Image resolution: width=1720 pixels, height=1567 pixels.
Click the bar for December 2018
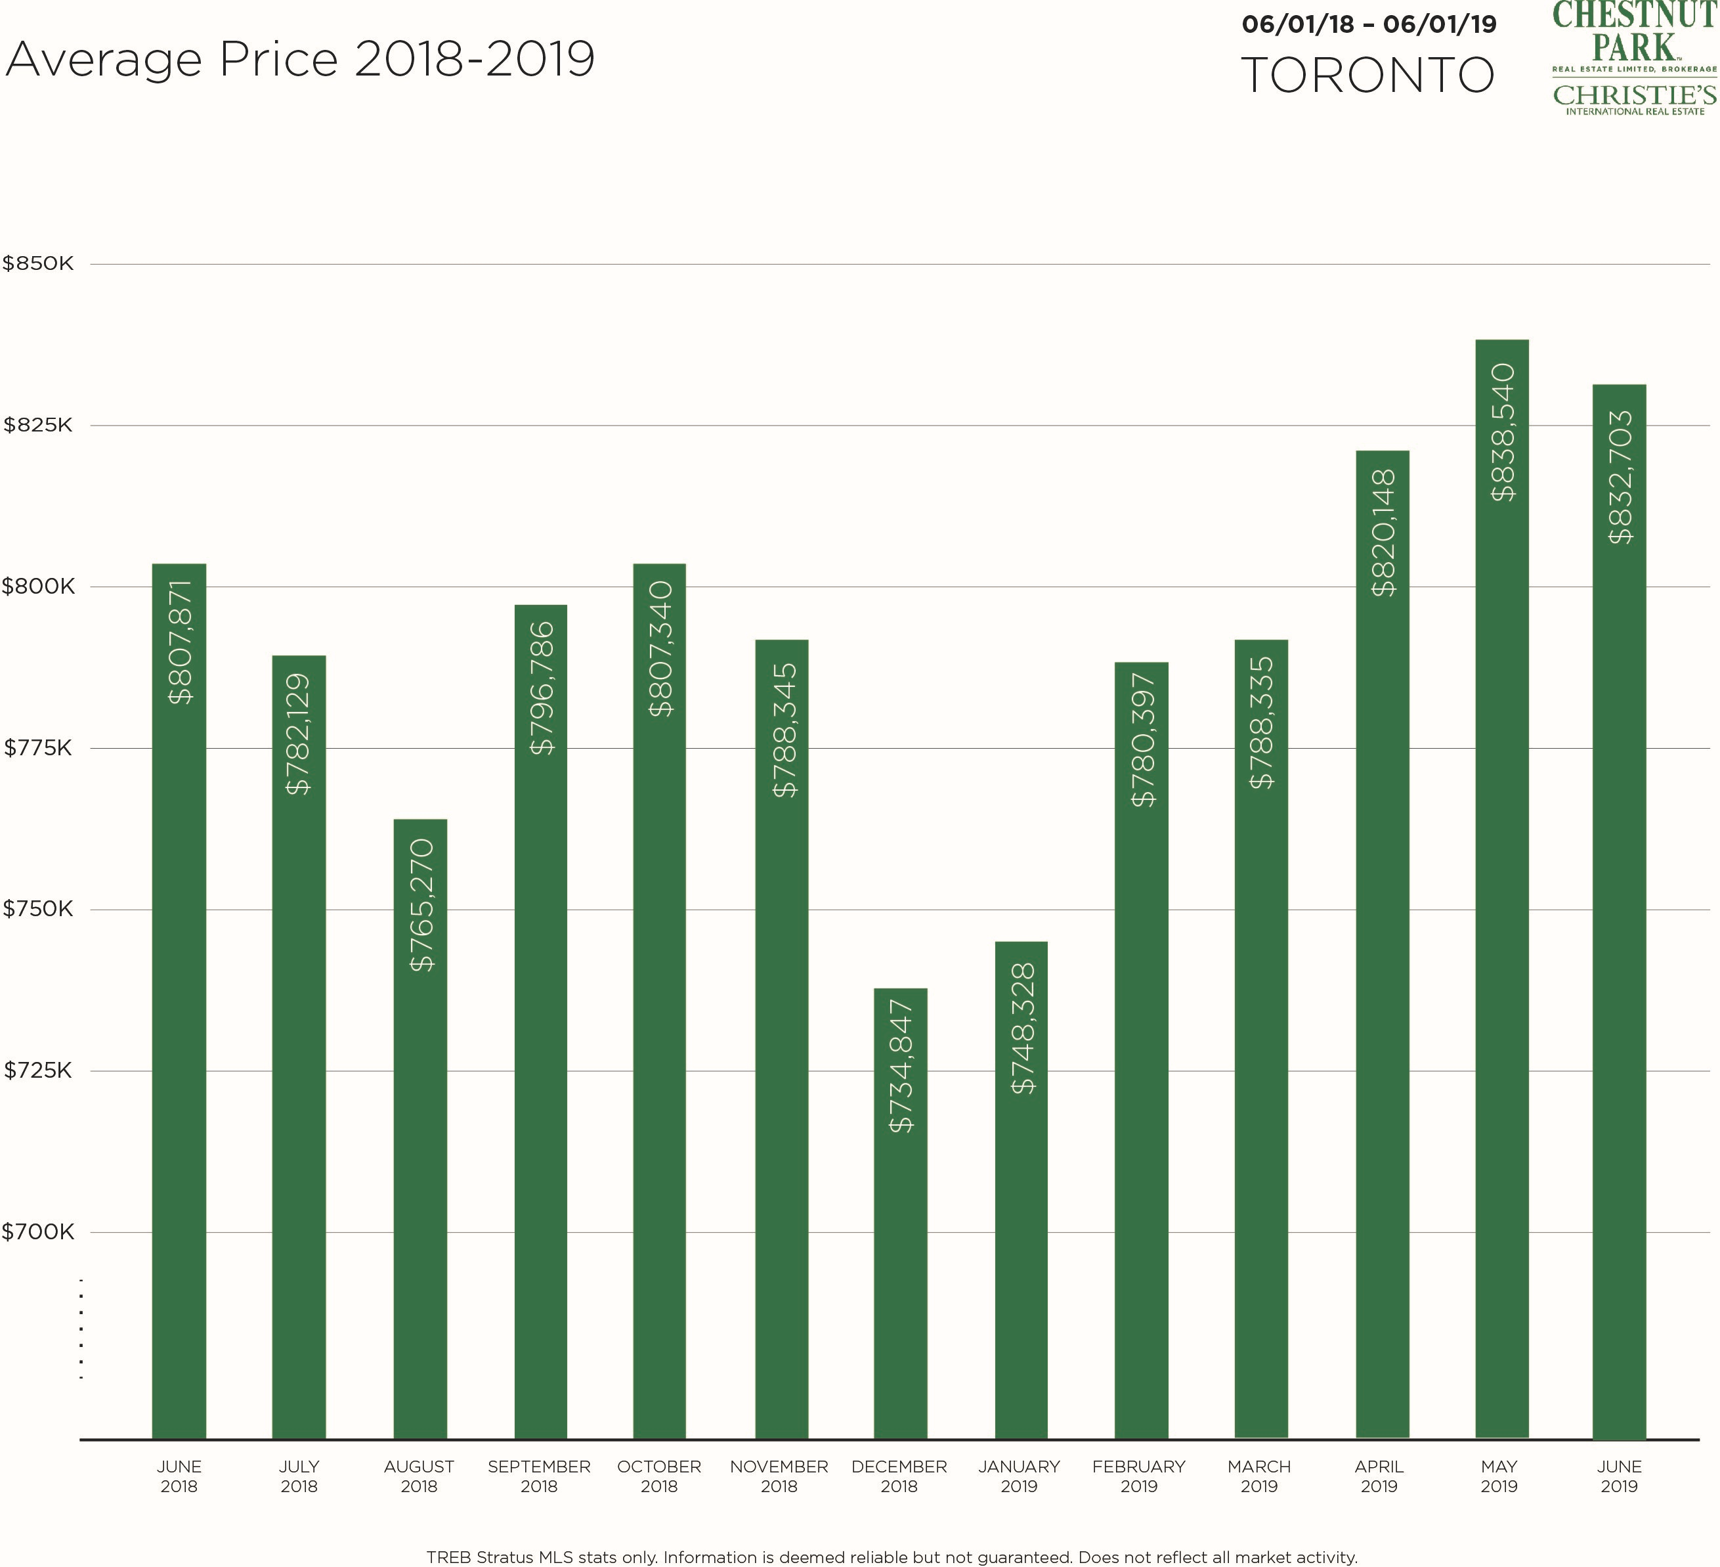point(900,1212)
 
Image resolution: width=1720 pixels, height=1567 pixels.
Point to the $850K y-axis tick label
point(38,264)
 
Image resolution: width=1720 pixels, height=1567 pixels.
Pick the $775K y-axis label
point(38,749)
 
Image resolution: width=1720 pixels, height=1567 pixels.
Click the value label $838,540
point(1503,432)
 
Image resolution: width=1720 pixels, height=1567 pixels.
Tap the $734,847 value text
point(901,1066)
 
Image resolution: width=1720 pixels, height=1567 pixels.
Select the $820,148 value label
point(1383,533)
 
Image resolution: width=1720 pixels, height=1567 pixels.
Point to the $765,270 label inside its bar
point(421,905)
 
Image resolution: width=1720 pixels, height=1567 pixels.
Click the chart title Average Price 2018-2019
point(299,60)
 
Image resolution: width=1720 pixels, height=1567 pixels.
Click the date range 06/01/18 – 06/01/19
point(1369,24)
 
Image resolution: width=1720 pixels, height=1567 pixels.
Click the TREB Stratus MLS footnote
point(892,1556)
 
